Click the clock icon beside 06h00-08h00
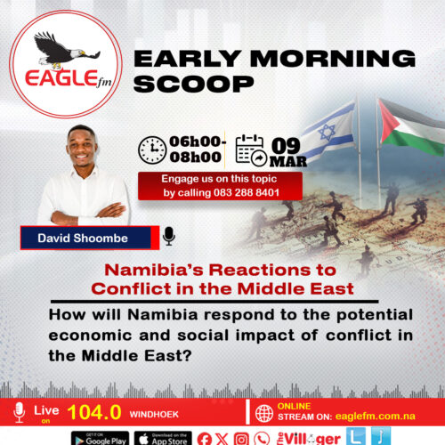coord(153,150)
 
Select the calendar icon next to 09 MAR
coord(252,150)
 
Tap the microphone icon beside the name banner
coord(169,236)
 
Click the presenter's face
coord(82,148)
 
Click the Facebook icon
coord(206,437)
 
